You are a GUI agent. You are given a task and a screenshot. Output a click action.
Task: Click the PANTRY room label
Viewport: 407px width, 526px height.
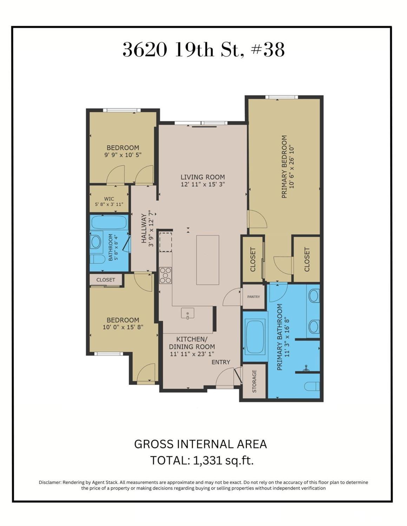click(x=253, y=297)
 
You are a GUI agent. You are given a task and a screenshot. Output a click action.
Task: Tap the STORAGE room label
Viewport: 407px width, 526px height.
click(x=254, y=381)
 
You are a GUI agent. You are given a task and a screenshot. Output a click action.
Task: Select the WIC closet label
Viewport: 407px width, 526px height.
click(x=109, y=199)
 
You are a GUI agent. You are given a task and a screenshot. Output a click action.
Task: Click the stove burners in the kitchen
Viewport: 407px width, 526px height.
click(x=165, y=275)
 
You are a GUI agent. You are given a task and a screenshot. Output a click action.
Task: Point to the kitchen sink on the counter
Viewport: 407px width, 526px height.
click(x=188, y=313)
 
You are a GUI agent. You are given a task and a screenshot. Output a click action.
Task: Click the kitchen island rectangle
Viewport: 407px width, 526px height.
click(x=208, y=260)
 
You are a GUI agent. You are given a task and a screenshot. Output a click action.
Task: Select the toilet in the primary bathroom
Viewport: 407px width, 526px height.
click(x=312, y=386)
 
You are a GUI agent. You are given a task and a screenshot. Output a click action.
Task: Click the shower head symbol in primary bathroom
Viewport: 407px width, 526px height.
click(x=307, y=368)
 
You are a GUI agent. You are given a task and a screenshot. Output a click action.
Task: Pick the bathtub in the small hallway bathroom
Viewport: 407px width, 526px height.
click(x=109, y=222)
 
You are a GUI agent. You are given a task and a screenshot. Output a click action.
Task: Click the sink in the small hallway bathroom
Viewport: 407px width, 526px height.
click(x=95, y=241)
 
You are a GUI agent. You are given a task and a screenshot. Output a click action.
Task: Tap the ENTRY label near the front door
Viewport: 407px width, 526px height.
click(x=221, y=362)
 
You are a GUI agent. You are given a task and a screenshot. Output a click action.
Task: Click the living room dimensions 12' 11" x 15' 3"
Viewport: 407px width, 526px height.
click(x=203, y=184)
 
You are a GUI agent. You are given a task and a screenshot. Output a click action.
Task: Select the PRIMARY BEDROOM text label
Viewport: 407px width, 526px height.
click(x=284, y=167)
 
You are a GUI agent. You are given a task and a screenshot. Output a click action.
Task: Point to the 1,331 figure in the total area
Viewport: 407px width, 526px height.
click(x=208, y=460)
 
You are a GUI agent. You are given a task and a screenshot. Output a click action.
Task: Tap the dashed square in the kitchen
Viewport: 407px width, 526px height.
click(x=165, y=242)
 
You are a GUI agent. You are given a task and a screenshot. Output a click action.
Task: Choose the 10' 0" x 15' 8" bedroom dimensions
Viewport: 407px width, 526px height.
click(x=123, y=327)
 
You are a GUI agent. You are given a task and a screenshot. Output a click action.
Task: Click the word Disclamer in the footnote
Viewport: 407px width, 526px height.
click(x=50, y=482)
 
